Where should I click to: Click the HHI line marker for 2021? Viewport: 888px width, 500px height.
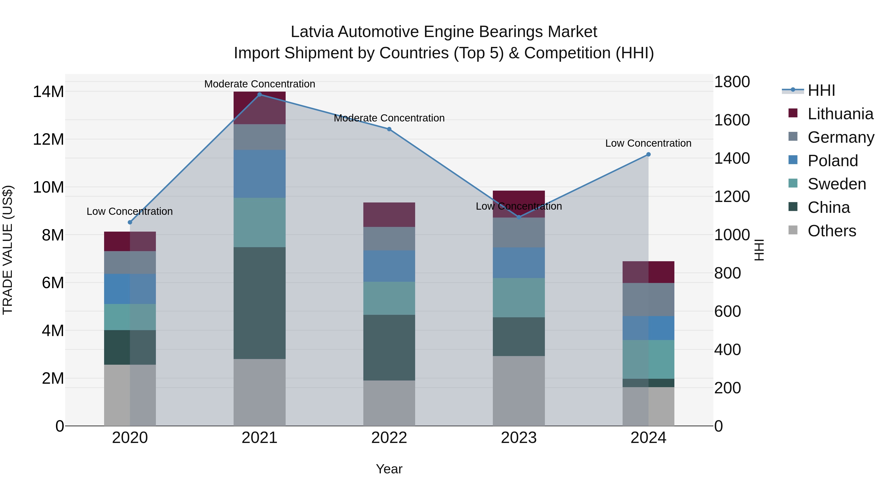coord(259,95)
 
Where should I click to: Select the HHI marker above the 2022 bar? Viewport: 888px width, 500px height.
coord(389,129)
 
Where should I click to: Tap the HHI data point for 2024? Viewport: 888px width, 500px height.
coord(648,154)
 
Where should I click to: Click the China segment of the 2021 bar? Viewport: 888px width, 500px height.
coord(259,303)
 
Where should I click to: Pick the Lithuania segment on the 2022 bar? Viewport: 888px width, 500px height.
coord(389,215)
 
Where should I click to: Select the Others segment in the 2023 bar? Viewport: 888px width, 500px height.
coord(519,391)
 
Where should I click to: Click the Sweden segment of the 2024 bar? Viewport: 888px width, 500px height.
coord(648,359)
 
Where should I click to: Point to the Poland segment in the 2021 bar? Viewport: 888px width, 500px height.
coord(259,174)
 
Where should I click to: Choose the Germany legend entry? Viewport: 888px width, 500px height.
coord(840,137)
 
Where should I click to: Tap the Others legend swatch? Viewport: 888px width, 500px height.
coord(793,230)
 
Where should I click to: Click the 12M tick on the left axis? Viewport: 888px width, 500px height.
coord(48,140)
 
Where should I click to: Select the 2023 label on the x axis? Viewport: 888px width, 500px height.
coord(519,438)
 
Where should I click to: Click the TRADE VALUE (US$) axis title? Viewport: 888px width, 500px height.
coord(8,250)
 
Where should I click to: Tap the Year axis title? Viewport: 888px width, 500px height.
coord(389,469)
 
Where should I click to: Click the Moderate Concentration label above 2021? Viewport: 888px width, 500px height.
coord(259,84)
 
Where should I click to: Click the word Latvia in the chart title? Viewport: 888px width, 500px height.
coord(312,32)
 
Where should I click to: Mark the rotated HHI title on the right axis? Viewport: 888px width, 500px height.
coord(759,250)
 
